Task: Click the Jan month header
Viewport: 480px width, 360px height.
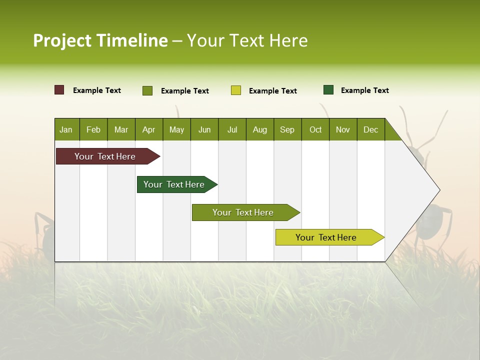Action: click(66, 129)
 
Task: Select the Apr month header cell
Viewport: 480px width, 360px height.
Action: click(148, 129)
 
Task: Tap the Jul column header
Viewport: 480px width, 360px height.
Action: click(232, 129)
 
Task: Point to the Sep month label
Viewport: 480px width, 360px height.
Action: click(287, 129)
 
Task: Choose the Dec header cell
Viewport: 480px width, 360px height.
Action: click(370, 129)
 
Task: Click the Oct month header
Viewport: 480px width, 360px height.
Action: click(315, 129)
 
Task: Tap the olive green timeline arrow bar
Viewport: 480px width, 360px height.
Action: click(243, 212)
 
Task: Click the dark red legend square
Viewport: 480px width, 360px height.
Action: click(59, 90)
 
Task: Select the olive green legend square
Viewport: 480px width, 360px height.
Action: click(147, 90)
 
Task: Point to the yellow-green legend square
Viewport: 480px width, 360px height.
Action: click(236, 90)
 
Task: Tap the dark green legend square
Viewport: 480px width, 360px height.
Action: click(328, 90)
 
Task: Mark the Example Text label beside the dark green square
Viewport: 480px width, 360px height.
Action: click(364, 90)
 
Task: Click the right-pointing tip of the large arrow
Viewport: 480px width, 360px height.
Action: click(438, 190)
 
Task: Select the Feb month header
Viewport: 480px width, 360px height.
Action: click(93, 129)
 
